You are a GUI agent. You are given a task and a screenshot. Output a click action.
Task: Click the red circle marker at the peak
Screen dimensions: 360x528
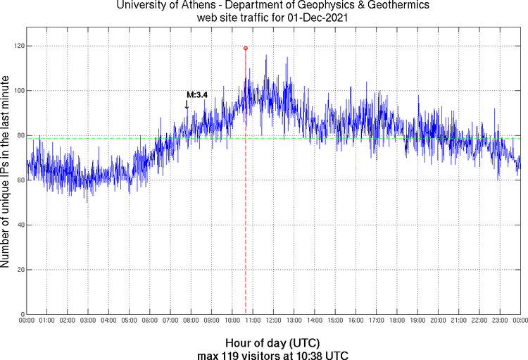[x=245, y=48]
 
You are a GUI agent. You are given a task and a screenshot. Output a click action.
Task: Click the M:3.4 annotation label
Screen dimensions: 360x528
[x=196, y=94]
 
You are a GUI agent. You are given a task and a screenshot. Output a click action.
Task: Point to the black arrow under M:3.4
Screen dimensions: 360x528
[x=187, y=104]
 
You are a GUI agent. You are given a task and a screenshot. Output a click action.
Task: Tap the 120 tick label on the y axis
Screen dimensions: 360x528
[x=17, y=46]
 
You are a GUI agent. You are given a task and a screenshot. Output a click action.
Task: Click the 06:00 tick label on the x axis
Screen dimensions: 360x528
[x=150, y=321]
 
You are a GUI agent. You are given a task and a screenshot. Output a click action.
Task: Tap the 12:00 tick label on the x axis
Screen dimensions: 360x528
[x=273, y=321]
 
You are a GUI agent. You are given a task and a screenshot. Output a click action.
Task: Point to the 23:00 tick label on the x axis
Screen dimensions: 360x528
[x=500, y=321]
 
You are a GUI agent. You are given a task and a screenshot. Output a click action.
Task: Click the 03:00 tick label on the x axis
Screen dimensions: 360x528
[x=88, y=321]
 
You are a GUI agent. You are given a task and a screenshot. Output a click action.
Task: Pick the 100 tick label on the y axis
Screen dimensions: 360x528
[x=17, y=91]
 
